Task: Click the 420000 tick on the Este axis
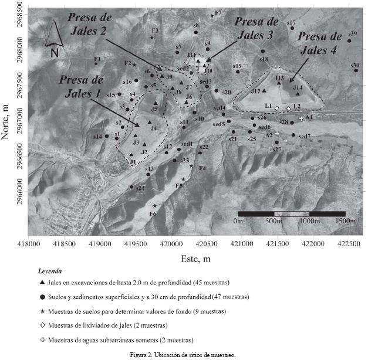click(170, 243)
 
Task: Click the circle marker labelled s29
click(349, 40)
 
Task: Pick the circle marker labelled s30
click(356, 70)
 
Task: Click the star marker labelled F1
click(96, 63)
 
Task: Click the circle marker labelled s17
click(292, 28)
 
